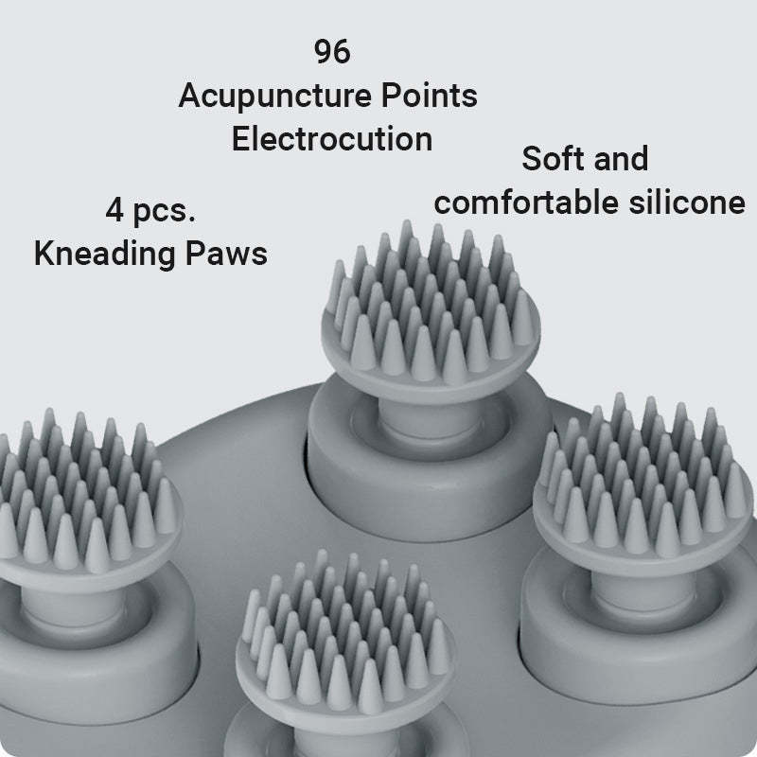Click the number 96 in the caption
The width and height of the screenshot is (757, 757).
tap(332, 52)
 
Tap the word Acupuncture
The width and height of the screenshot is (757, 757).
tap(275, 97)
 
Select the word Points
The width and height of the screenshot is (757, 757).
tap(430, 96)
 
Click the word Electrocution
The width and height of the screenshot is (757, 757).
tap(332, 139)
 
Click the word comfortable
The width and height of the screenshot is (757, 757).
tap(526, 202)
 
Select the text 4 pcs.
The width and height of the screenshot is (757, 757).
tap(150, 211)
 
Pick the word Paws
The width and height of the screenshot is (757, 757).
tap(226, 254)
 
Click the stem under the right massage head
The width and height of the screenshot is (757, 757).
tap(644, 588)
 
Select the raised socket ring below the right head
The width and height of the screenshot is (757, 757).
tap(637, 637)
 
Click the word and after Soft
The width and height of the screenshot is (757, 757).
tap(622, 158)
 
